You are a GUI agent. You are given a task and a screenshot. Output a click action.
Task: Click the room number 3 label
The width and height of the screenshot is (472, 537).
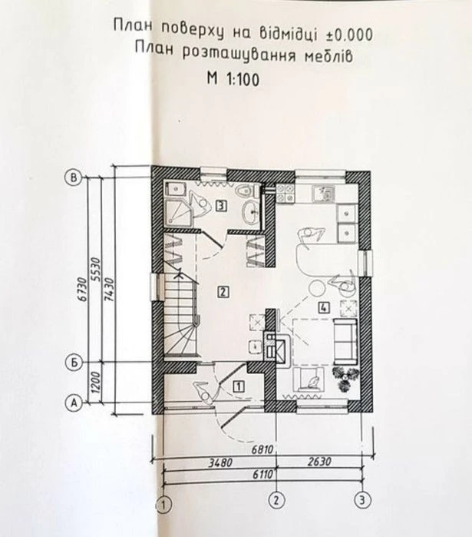click(222, 206)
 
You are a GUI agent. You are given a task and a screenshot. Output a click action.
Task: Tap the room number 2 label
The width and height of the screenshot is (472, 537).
click(223, 292)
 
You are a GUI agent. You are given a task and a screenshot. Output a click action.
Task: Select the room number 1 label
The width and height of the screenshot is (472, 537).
click(239, 386)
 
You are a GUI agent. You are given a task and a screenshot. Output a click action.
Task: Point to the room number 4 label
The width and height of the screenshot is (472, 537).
click(324, 307)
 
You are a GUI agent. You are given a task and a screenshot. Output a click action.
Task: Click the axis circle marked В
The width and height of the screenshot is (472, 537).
click(73, 177)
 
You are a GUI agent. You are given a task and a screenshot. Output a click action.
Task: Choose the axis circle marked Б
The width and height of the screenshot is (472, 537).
click(73, 363)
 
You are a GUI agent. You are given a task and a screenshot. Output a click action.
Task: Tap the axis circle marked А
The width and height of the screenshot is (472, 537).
click(73, 403)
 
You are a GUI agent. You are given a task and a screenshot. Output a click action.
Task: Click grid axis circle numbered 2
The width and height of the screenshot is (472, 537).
click(276, 500)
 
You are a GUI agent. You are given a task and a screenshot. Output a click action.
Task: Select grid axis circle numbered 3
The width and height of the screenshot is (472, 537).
click(362, 500)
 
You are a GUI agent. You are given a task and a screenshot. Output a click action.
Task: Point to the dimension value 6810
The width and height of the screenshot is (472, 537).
click(262, 449)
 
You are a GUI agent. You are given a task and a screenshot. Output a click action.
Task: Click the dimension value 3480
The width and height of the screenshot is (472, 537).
click(220, 462)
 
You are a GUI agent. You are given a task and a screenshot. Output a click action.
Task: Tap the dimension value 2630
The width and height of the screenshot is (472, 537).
click(319, 462)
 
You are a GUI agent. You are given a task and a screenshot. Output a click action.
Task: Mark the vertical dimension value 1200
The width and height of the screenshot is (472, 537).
click(97, 382)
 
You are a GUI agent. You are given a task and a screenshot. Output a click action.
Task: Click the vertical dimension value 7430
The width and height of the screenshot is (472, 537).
click(111, 290)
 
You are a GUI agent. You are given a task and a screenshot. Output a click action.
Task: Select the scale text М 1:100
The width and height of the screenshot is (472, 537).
click(233, 79)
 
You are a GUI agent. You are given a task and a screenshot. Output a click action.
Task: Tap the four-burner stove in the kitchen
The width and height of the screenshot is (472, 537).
click(286, 193)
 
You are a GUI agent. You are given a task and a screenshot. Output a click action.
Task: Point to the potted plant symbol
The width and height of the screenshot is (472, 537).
click(346, 379)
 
